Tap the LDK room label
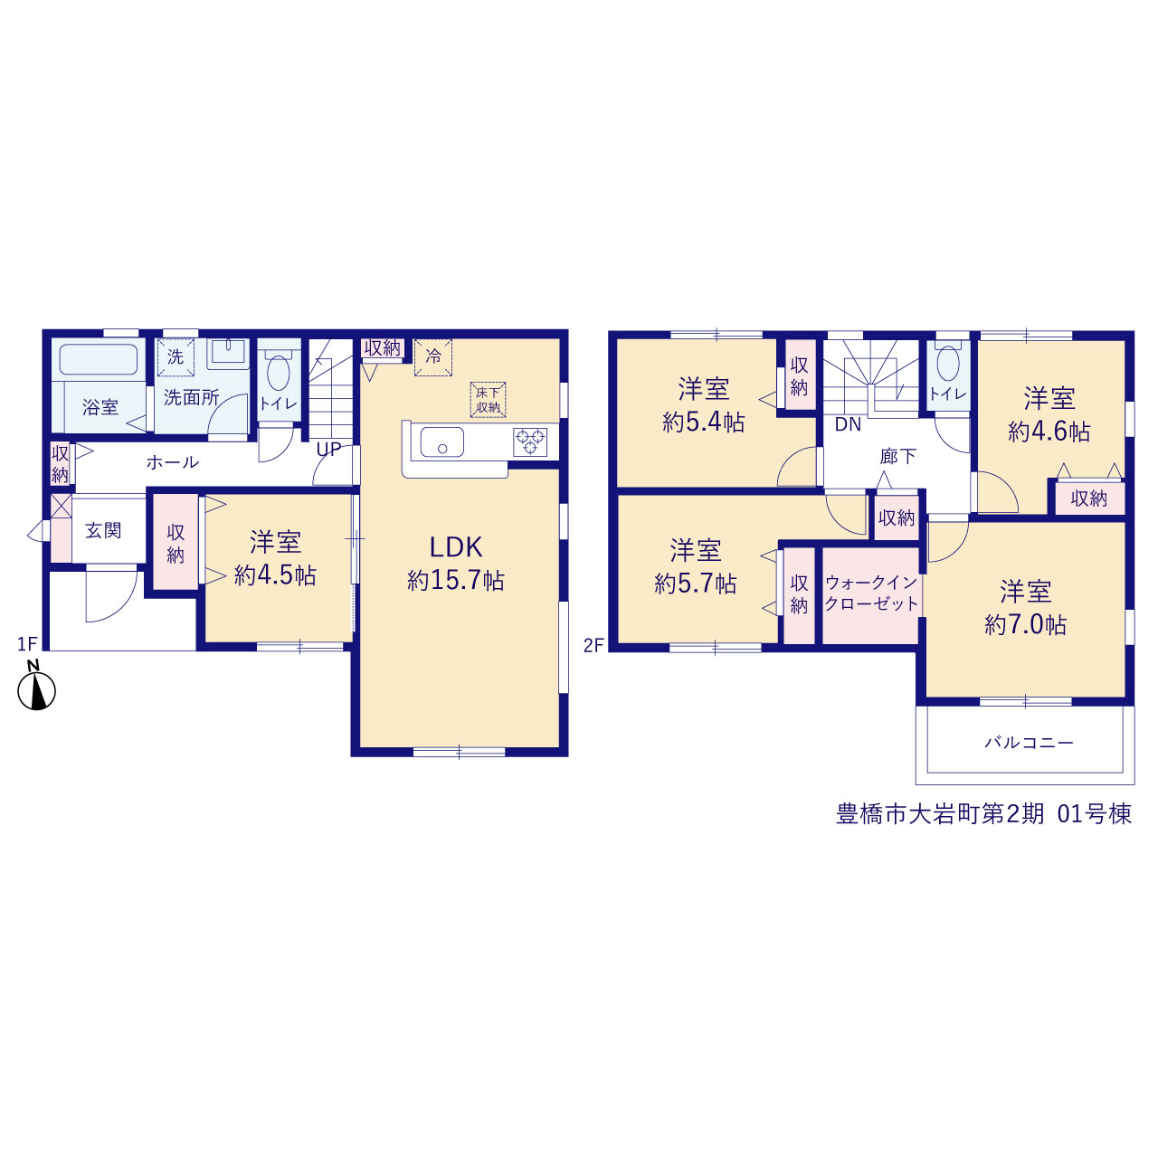click(455, 547)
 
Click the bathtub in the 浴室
click(99, 360)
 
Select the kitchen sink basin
click(441, 442)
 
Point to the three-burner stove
click(530, 441)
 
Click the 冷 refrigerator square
click(432, 357)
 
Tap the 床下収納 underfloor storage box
click(488, 400)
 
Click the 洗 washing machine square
click(176, 357)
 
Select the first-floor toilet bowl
click(279, 372)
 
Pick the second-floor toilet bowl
click(948, 364)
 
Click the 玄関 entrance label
click(103, 530)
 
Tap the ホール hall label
click(173, 462)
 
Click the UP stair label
click(328, 449)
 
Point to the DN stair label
click(848, 424)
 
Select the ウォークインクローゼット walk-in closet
click(870, 596)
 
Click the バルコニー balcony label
click(1029, 743)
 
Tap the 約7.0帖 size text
click(1025, 625)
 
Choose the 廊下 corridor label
click(897, 457)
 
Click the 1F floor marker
click(27, 644)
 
